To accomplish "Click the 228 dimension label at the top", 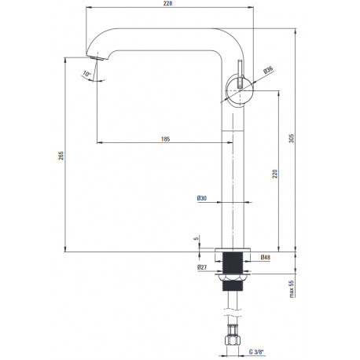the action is [x=167, y=4].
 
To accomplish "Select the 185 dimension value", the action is [x=165, y=139].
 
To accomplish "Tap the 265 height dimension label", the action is [x=61, y=156].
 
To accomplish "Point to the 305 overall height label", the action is [x=292, y=138].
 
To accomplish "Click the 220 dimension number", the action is [x=274, y=174].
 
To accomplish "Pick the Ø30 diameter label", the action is [x=202, y=198].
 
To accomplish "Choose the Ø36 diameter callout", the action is [x=268, y=71].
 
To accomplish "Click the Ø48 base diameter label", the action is [x=266, y=257].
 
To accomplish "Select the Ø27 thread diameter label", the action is [x=202, y=267].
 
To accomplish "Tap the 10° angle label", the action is [x=86, y=74].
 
